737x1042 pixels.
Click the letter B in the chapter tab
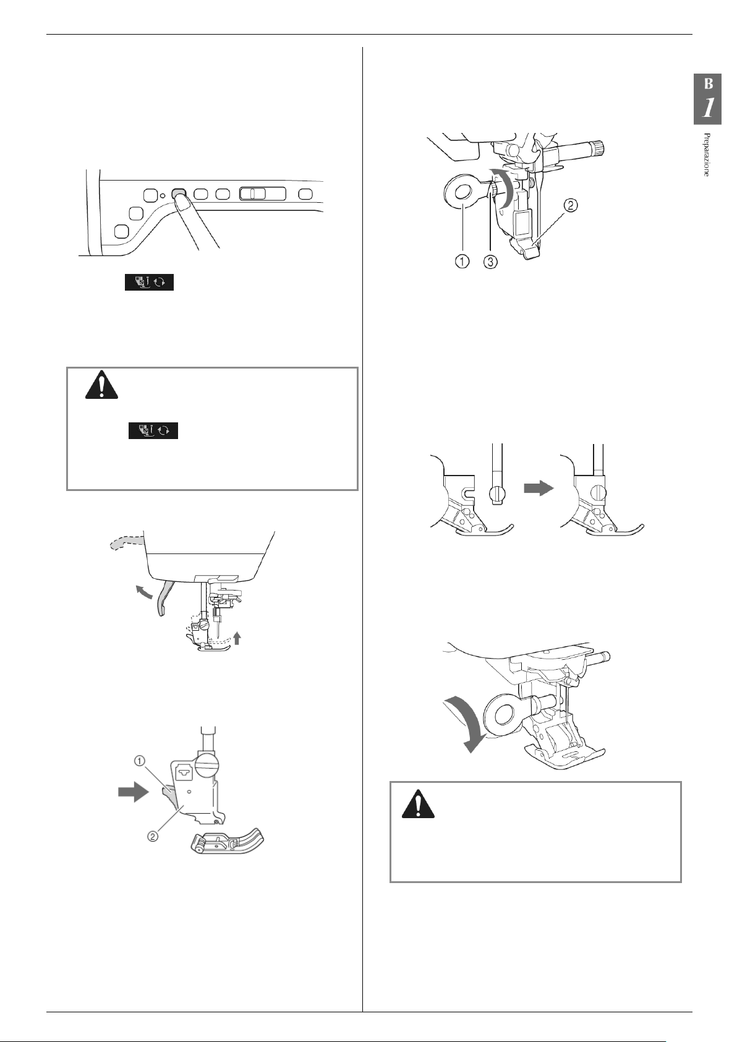709,83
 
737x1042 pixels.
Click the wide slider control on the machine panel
262,194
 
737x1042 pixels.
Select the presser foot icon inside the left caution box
153,430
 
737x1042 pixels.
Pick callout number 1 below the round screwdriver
461,262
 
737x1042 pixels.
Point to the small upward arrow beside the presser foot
237,638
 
